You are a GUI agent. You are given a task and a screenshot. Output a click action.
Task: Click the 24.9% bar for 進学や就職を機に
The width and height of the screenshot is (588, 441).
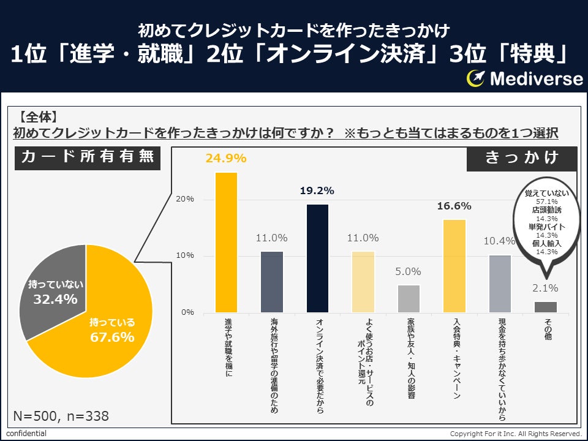click(x=226, y=242)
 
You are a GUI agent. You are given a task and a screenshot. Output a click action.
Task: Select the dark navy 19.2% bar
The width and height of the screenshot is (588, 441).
click(x=318, y=258)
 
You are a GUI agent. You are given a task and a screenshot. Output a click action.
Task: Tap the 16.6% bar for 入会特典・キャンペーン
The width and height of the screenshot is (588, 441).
click(x=454, y=265)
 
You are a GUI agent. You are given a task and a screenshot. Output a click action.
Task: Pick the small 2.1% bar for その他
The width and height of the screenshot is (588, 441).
click(x=545, y=306)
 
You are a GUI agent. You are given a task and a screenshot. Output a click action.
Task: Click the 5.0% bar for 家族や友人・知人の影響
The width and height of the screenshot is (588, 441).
click(x=409, y=298)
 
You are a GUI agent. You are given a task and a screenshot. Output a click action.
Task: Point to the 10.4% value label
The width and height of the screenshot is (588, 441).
click(x=500, y=241)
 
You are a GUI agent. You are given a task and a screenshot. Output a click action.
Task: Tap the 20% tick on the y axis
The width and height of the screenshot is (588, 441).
click(x=185, y=199)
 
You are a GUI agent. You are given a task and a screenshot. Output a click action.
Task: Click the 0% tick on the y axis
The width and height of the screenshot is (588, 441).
click(x=187, y=312)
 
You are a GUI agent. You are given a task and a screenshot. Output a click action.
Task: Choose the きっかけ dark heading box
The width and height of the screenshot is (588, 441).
click(x=522, y=158)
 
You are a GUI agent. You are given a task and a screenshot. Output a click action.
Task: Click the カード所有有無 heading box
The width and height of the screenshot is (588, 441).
click(x=88, y=157)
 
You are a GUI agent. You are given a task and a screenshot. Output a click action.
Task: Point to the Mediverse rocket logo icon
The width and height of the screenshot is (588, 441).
click(x=476, y=78)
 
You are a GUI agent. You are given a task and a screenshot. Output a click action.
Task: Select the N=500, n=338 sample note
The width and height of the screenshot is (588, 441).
click(x=61, y=417)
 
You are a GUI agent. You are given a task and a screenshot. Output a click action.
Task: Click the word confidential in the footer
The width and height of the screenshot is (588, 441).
click(x=26, y=434)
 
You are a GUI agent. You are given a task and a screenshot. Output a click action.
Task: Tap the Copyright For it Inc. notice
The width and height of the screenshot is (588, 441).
click(x=516, y=434)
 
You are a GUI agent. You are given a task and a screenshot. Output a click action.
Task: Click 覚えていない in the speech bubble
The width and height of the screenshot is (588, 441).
click(x=547, y=193)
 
